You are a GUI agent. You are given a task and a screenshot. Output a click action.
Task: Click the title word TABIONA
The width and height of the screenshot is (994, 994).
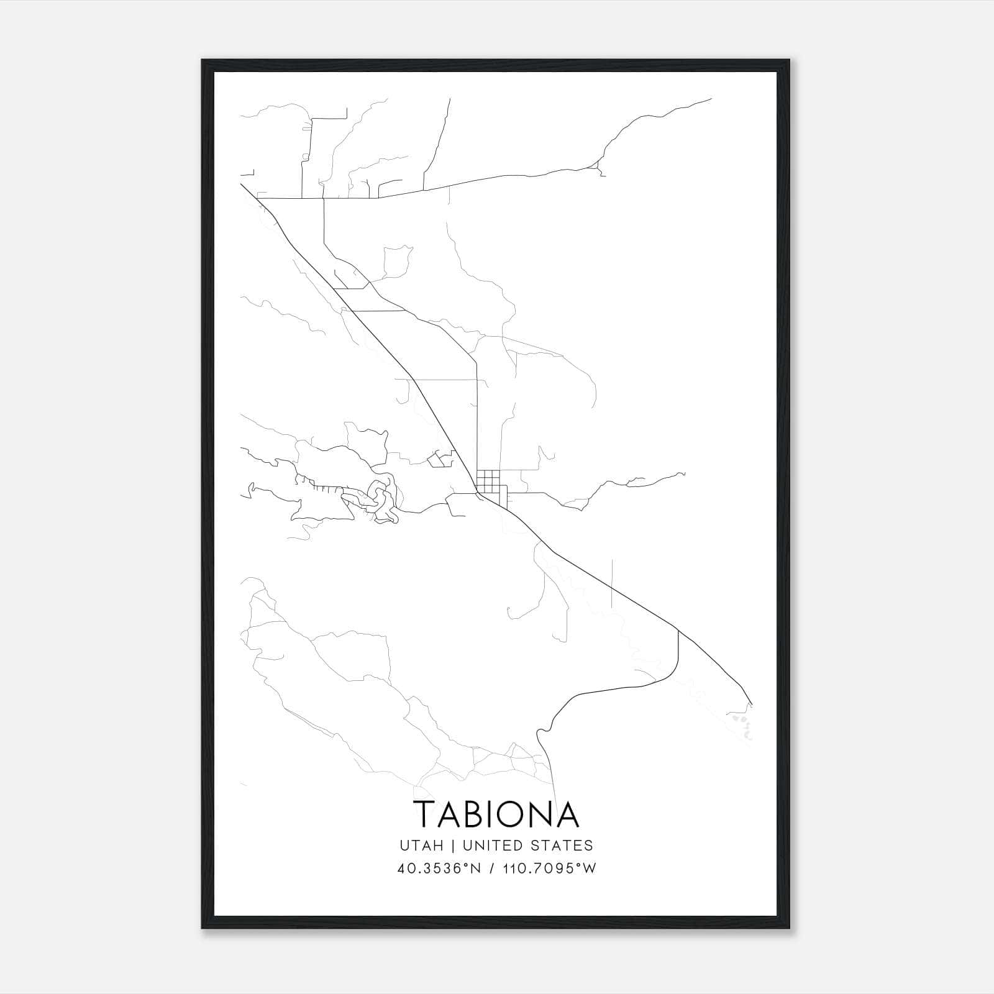click(496, 814)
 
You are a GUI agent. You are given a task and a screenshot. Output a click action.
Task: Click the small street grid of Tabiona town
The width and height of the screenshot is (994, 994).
click(488, 480)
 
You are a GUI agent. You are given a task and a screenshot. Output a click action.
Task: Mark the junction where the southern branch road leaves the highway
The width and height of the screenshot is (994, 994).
click(678, 632)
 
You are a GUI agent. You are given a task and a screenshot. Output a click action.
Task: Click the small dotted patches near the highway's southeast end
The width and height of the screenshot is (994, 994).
click(742, 724)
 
